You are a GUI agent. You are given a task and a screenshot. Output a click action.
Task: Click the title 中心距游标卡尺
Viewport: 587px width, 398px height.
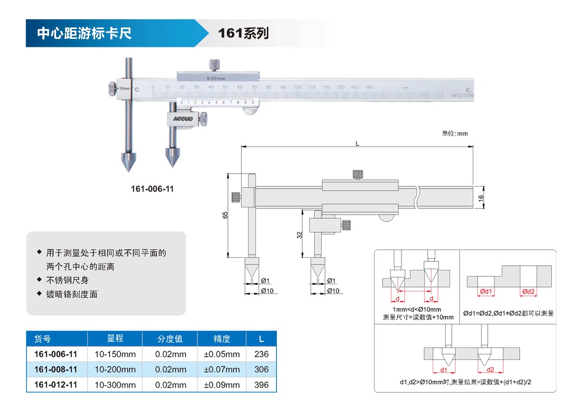point(84,33)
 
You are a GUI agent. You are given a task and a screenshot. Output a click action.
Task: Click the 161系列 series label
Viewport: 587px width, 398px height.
point(243,33)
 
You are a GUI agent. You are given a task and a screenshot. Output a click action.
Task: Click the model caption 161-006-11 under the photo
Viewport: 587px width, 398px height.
point(152,189)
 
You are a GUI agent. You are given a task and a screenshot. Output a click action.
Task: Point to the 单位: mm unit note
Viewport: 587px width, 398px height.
point(455,134)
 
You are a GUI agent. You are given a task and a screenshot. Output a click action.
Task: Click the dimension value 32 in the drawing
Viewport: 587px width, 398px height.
point(300,234)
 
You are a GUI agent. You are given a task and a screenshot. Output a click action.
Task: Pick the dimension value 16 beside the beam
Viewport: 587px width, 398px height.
point(481,197)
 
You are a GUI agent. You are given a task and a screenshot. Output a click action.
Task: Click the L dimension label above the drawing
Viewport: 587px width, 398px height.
point(357,143)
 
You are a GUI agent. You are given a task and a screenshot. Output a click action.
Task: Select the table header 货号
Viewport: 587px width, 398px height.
point(43,339)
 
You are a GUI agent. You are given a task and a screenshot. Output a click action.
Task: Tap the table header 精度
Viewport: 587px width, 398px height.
point(222,339)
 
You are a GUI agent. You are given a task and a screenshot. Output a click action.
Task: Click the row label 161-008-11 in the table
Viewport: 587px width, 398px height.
point(56,369)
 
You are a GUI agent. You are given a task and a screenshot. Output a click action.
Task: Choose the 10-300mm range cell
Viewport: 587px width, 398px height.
point(115,385)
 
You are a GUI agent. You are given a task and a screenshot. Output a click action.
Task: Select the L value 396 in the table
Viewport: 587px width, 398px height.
point(262,385)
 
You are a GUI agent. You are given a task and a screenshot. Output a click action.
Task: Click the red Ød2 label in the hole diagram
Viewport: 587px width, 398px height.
point(528,291)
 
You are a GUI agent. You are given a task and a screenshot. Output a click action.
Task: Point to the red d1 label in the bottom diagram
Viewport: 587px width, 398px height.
point(444,370)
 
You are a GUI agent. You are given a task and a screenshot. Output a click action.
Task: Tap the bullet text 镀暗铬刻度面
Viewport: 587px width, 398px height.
point(72,294)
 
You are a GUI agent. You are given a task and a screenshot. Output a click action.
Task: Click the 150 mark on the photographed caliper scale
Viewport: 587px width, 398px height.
point(369,87)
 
